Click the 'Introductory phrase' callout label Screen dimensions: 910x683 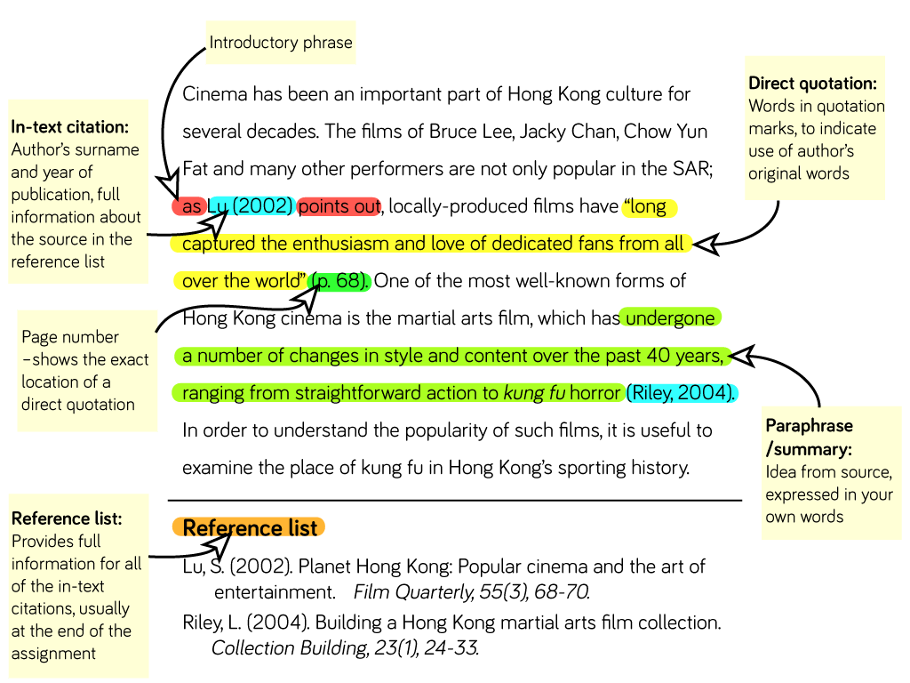[x=281, y=43]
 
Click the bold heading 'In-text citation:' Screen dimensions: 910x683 [x=69, y=126]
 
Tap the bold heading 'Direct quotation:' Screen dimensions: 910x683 [x=812, y=83]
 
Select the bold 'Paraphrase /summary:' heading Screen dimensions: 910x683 [x=809, y=438]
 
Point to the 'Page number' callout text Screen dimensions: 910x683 [x=70, y=337]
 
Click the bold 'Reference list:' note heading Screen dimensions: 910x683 [x=67, y=518]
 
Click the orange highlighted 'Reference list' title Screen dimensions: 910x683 [x=250, y=528]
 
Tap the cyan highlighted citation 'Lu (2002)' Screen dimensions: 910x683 [x=251, y=205]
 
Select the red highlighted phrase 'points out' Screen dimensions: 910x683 [x=339, y=206]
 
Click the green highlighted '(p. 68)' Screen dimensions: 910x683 [x=339, y=281]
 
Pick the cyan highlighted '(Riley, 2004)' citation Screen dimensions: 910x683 [x=682, y=393]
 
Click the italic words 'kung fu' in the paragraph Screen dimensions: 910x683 [x=534, y=393]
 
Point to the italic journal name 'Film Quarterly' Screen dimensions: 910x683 [x=414, y=591]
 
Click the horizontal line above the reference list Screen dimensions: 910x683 [x=455, y=500]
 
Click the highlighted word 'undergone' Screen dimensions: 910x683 [x=670, y=318]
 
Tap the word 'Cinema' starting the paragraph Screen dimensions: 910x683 [x=215, y=94]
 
